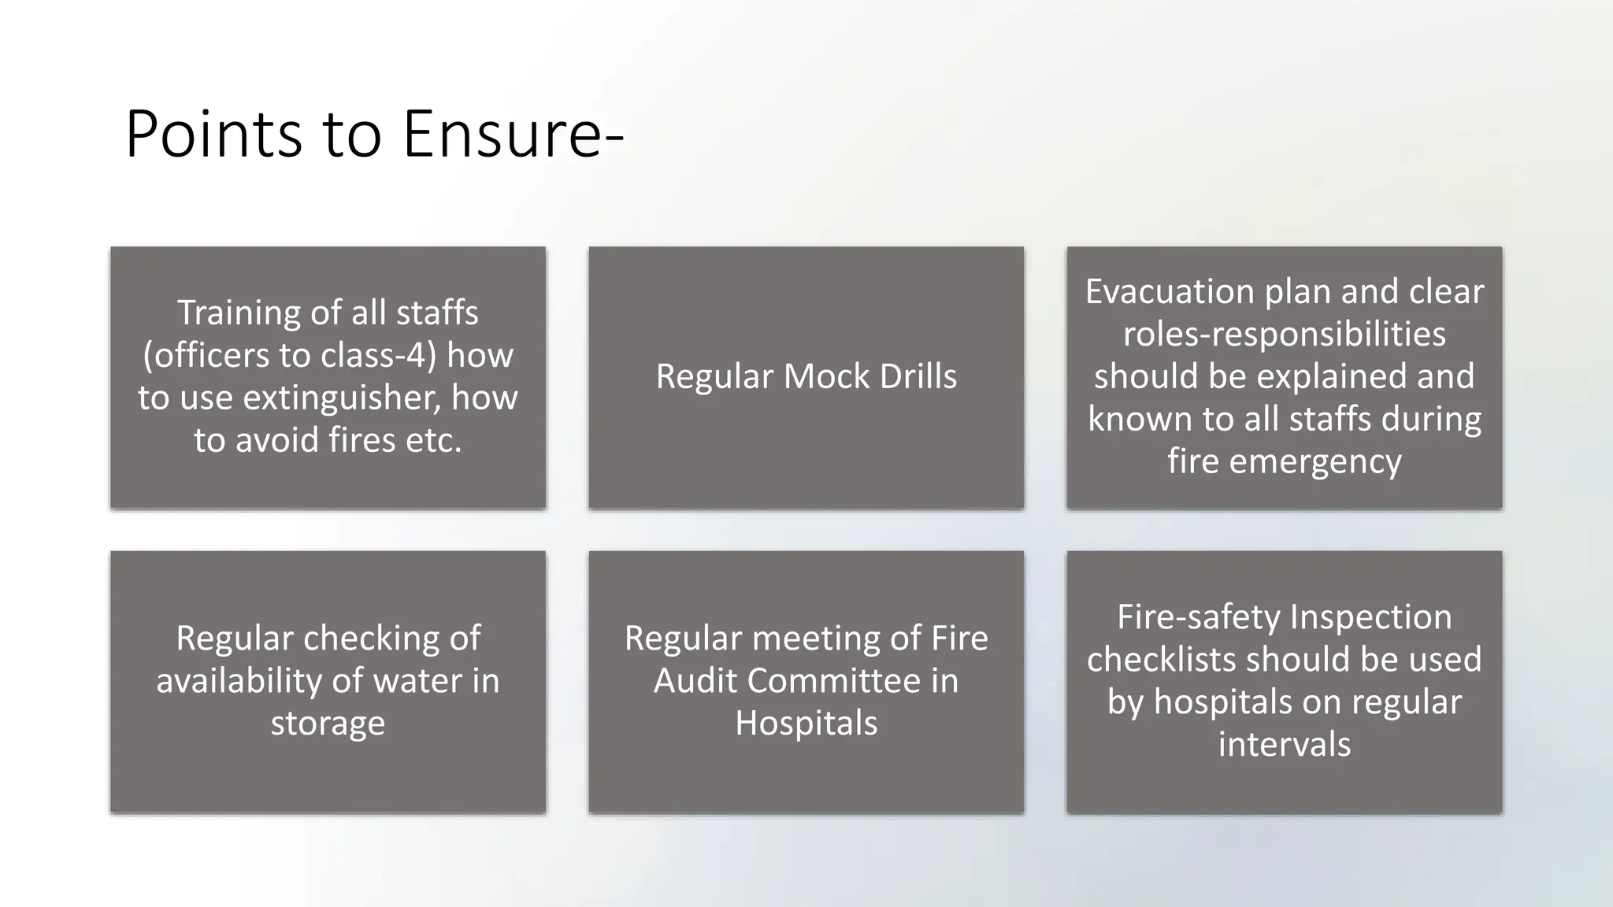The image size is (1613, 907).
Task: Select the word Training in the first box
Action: pos(238,313)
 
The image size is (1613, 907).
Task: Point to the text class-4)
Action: pos(378,355)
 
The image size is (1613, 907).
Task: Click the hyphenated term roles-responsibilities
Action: pos(1284,334)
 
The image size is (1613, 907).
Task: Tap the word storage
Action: pos(328,724)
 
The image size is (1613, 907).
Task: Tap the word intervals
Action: pos(1284,745)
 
